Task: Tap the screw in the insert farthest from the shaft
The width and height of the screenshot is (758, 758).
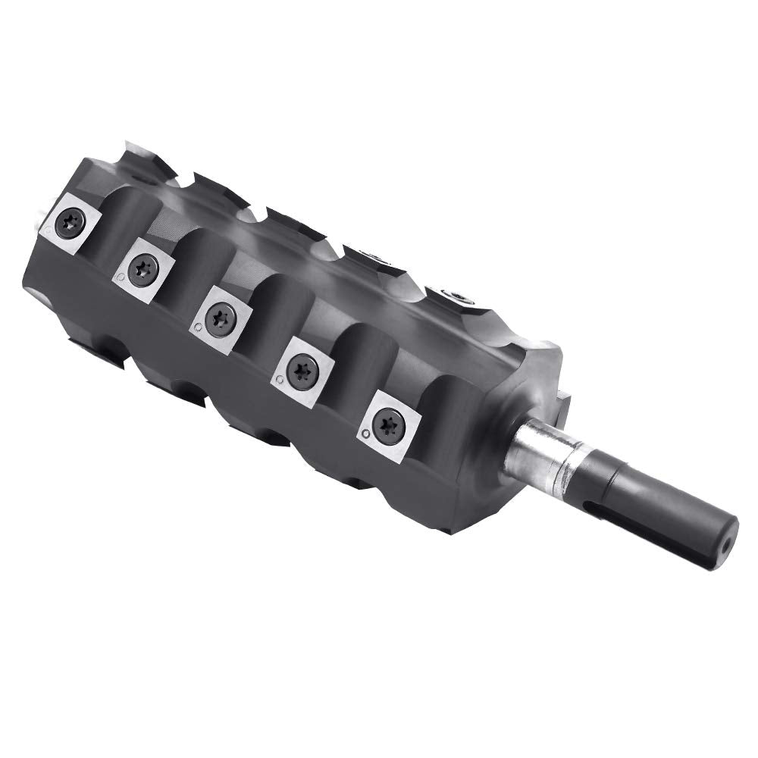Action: point(70,223)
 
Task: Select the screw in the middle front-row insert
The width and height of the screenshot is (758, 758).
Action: point(221,313)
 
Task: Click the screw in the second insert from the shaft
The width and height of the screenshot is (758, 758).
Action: point(303,370)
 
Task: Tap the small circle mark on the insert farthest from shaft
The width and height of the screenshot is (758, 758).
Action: point(48,227)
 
